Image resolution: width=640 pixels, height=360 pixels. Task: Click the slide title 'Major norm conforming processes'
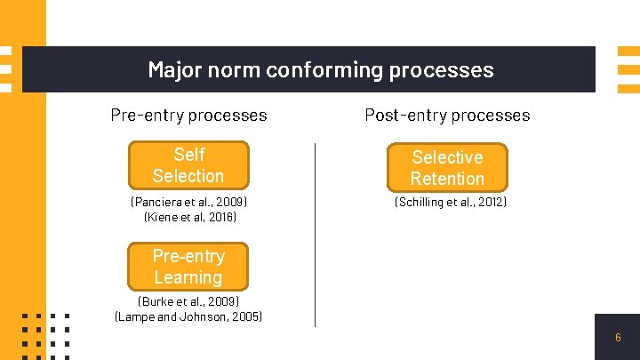coord(320,69)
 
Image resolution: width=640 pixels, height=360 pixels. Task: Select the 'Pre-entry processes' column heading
coord(188,115)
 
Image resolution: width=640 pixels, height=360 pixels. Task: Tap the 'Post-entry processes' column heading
coord(447,115)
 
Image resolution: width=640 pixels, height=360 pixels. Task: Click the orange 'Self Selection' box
coord(188,165)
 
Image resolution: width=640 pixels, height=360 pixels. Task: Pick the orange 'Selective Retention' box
coord(447,168)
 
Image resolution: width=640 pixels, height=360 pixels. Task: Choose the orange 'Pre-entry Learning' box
coord(188,267)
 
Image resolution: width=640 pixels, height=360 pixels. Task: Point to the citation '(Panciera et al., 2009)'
coord(188,202)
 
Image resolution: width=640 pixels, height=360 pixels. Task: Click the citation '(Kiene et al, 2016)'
coord(189,216)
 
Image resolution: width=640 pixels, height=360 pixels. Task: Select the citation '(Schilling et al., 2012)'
coord(451,202)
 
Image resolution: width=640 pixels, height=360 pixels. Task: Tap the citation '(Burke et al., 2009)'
coord(188,301)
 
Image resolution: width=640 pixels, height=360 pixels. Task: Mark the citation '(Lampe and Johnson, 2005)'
coord(188,316)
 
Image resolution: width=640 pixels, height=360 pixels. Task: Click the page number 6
coord(618,338)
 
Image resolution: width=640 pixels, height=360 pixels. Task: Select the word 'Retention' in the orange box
coord(447,179)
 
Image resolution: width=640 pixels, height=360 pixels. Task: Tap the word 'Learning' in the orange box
coord(188,277)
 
